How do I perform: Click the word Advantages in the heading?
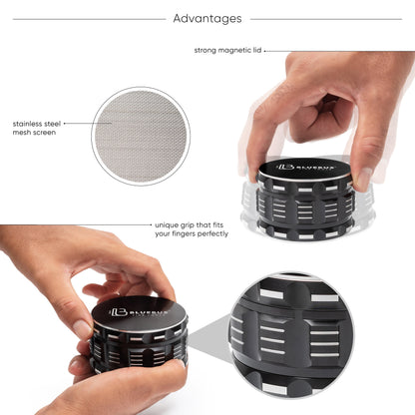coord(207,18)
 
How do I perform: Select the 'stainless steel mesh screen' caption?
coord(35,127)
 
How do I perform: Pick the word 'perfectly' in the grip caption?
coord(211,234)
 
